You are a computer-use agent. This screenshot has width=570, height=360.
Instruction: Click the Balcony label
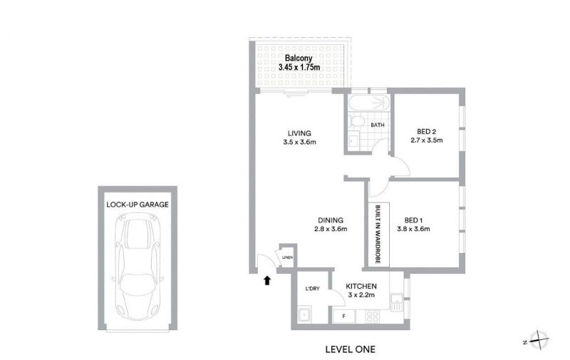[299, 58]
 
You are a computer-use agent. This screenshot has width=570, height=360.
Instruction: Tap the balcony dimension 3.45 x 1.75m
[299, 67]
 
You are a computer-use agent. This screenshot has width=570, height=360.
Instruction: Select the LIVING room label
[299, 133]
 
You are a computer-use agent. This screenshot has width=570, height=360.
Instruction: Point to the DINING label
[331, 220]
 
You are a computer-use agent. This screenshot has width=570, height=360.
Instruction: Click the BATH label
[378, 125]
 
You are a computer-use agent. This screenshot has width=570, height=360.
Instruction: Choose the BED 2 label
[426, 132]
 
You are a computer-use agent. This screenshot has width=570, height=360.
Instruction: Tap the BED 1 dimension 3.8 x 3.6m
[413, 229]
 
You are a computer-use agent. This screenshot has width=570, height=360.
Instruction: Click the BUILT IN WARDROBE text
[378, 235]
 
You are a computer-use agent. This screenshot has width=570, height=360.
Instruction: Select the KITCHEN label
[361, 286]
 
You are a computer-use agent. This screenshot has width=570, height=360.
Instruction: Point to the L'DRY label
[312, 289]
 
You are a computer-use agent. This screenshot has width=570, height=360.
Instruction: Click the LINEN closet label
[287, 257]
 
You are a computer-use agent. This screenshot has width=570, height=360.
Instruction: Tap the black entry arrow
[267, 280]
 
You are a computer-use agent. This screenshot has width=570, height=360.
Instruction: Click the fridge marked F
[344, 317]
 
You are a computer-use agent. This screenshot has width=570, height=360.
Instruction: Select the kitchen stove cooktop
[373, 317]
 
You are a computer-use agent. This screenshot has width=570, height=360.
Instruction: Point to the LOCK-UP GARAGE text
[138, 205]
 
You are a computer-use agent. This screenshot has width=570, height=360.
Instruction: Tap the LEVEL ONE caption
[350, 349]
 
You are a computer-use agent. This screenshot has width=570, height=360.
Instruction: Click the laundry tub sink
[304, 314]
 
